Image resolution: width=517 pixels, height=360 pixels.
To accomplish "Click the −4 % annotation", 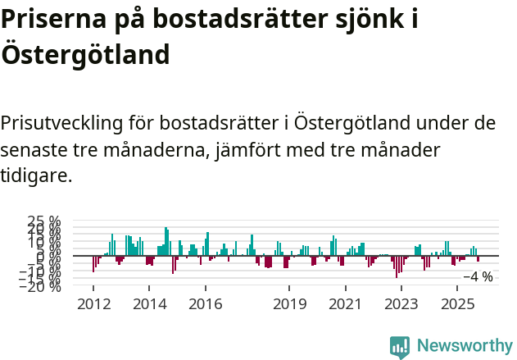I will (478, 276).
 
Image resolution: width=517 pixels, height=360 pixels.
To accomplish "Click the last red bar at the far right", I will (478, 259).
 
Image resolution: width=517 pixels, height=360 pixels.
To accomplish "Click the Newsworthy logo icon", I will (400, 347).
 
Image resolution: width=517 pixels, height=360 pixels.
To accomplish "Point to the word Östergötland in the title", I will (85, 54).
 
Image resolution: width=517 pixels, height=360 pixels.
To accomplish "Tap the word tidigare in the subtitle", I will (36, 175).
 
